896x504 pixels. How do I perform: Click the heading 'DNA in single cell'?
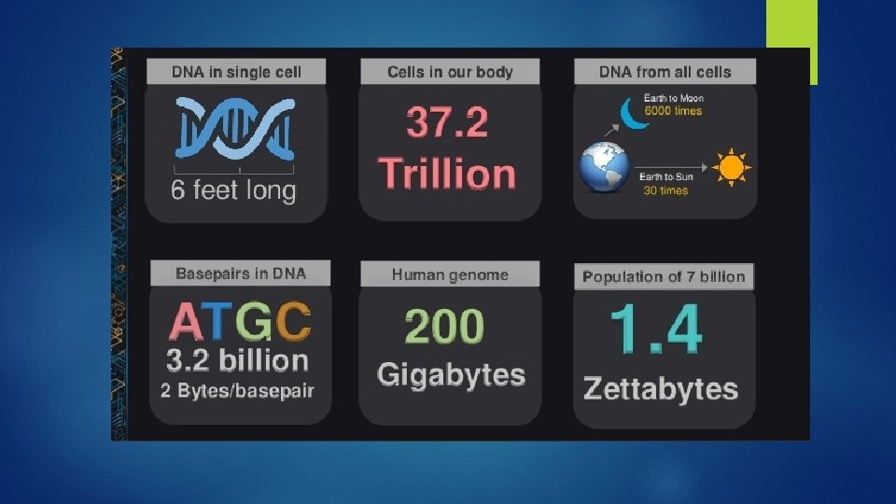click(237, 72)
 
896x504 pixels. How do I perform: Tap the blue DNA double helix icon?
click(235, 128)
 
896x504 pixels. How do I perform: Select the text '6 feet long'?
click(233, 191)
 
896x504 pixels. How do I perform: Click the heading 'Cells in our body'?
click(450, 72)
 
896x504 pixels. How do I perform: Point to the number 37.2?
click(448, 122)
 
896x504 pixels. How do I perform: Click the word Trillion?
click(447, 174)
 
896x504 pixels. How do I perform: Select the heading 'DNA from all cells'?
click(665, 72)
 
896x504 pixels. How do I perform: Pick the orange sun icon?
click(731, 168)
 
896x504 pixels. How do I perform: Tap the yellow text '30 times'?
click(665, 190)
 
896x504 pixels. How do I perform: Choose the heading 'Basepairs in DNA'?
click(241, 273)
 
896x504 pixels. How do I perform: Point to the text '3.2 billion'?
click(237, 360)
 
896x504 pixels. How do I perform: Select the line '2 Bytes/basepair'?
click(237, 390)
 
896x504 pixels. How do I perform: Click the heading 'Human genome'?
click(450, 274)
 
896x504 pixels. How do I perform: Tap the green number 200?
click(445, 326)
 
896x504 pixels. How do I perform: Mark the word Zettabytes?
click(661, 388)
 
